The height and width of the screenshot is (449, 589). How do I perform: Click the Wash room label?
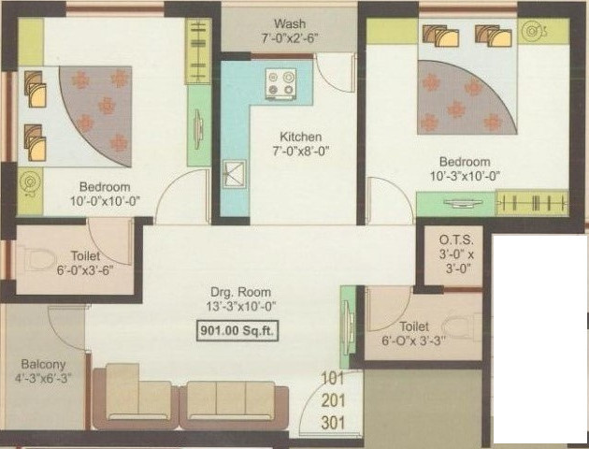(x=289, y=22)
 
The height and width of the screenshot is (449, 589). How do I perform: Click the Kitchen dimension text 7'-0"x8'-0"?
(x=301, y=151)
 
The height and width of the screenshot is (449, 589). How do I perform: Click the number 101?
(x=332, y=379)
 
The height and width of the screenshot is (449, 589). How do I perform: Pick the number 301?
(x=332, y=423)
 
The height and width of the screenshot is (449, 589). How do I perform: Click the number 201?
(x=332, y=401)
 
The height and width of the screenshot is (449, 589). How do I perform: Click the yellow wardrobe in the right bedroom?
(x=532, y=203)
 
